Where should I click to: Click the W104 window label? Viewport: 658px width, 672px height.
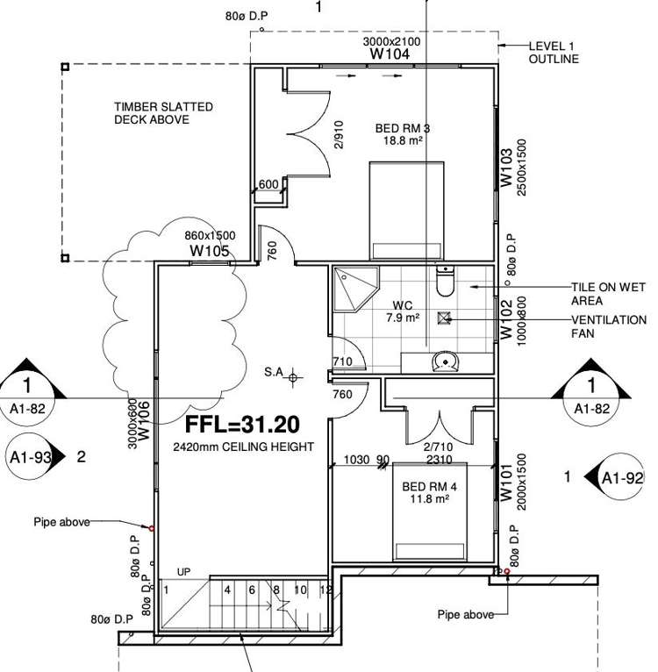point(390,54)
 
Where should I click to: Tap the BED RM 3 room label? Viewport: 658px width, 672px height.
point(403,128)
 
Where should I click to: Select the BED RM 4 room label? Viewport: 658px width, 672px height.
point(426,486)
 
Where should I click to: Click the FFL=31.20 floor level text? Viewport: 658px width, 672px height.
point(242,425)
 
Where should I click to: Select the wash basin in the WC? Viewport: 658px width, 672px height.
point(447,361)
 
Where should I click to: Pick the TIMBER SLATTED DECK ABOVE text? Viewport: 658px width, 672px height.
point(162,113)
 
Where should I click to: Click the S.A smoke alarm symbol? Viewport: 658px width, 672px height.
point(294,376)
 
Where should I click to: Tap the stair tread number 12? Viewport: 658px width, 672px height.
point(326,590)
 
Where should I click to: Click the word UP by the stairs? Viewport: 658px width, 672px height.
point(183,571)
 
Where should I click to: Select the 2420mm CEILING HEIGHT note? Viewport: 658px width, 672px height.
point(244,447)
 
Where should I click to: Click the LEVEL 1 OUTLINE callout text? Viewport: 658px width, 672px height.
point(553,53)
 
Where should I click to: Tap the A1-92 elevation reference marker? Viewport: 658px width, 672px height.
point(619,478)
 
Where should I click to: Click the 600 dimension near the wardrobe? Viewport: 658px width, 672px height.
point(268,184)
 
